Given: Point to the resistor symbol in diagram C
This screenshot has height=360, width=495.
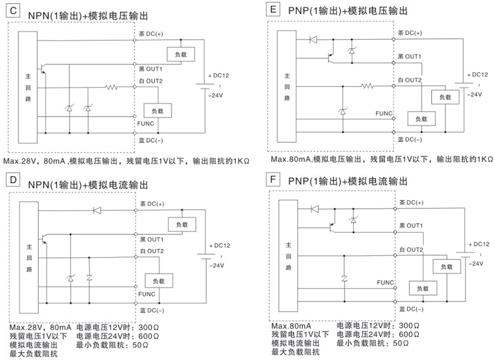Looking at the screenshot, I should tap(111, 86).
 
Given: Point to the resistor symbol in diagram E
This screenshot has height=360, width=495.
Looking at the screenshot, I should tap(367, 85).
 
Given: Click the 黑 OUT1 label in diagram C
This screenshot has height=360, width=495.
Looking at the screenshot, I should tap(151, 69).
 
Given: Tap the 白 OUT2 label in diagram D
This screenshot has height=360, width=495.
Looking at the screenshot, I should tap(152, 251).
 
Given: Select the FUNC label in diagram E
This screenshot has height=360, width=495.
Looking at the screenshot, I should tap(383, 113).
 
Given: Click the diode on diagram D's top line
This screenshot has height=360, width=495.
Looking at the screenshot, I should tap(97, 211).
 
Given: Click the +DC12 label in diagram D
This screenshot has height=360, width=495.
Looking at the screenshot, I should tap(219, 246).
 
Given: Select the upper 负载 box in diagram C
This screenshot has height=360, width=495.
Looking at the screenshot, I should tap(180, 54).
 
